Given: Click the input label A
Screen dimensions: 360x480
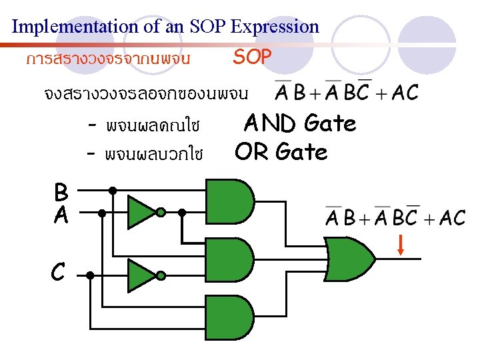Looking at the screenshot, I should (x=61, y=214).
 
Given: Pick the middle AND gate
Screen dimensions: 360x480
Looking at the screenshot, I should (x=231, y=257).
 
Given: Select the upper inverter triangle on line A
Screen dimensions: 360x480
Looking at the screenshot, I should (x=141, y=212).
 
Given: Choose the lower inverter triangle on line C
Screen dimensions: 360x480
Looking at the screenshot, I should (x=141, y=275).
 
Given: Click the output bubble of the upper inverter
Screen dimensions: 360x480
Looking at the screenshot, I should (x=161, y=213).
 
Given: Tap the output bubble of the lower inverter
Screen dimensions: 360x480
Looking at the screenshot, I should (x=161, y=275).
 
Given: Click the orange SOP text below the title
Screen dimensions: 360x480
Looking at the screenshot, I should (x=252, y=57).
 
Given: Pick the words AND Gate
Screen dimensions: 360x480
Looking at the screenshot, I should (x=299, y=123).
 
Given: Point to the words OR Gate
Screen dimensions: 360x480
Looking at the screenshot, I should (x=281, y=153).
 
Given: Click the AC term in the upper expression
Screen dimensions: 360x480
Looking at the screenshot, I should (x=405, y=93).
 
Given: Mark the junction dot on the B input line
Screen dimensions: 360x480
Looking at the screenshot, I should (x=113, y=190).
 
